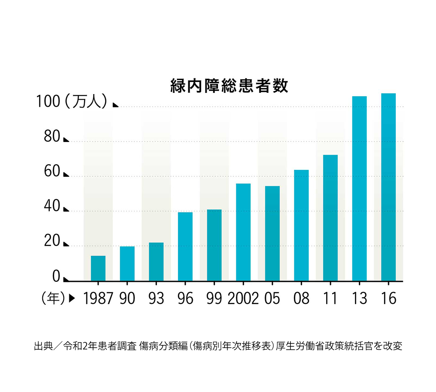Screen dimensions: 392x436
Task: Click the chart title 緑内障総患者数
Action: pos(229,86)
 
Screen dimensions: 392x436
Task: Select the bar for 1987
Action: pos(98,268)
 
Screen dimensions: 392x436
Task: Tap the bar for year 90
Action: pos(127,264)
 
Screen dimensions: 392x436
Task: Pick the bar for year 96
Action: pos(185,247)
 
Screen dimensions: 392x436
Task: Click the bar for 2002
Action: pos(243,232)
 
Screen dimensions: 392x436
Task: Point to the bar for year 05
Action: pos(272,233)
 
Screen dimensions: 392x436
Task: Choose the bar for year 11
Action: pos(330,218)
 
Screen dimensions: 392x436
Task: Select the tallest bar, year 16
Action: pos(388,187)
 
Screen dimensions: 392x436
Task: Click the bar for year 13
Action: pos(359,189)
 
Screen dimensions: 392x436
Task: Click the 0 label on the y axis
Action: pos(56,276)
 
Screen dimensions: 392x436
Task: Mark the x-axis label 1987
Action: pos(98,298)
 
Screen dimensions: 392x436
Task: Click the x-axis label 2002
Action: pos(243,298)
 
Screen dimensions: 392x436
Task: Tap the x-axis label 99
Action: pos(214,298)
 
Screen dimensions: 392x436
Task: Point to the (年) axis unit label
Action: pos(53,298)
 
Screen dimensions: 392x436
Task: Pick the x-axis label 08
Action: pos(301,298)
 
